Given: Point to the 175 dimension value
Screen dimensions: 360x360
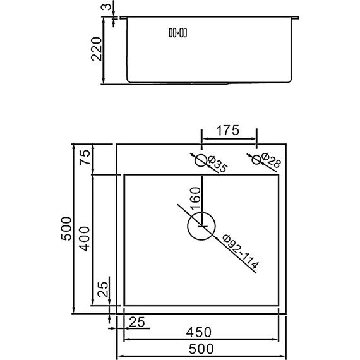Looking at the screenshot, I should click(x=227, y=131).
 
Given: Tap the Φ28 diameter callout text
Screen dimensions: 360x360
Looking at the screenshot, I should click(x=270, y=162).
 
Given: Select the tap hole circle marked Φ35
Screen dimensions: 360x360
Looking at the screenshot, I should click(x=201, y=160).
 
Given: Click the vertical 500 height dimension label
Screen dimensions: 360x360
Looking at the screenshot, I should click(x=66, y=228).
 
